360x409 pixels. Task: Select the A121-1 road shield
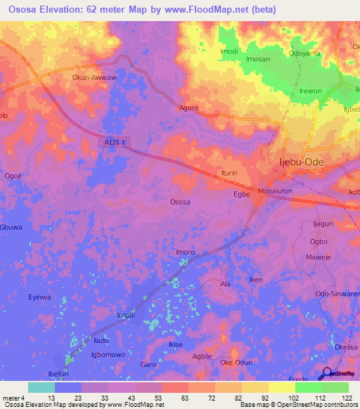pos(113,143)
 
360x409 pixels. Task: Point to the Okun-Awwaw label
pos(93,78)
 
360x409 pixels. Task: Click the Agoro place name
pos(189,108)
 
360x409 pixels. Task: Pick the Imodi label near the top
pos(229,52)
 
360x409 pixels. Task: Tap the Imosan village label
pos(258,60)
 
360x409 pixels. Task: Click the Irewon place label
pos(311,91)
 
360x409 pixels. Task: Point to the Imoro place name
pos(185,252)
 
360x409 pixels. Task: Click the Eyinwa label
pos(39,297)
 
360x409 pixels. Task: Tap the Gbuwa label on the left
pos(12,228)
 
